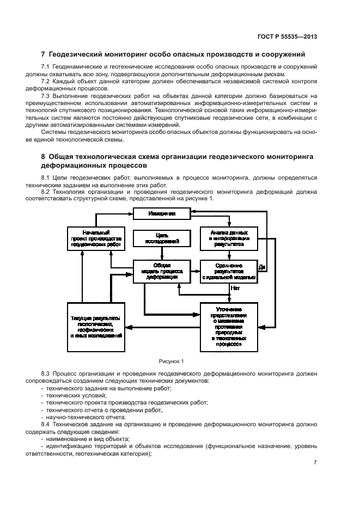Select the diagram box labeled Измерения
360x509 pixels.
pos(162,214)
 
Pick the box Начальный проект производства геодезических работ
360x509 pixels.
pos(96,238)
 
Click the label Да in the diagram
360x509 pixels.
pos(262,267)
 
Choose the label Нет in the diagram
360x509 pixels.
pos(235,288)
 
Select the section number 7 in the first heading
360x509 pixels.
pos(44,54)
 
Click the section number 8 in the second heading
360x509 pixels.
pos(44,156)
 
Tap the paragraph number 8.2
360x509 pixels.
pos(46,191)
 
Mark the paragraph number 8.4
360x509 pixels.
pos(46,424)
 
